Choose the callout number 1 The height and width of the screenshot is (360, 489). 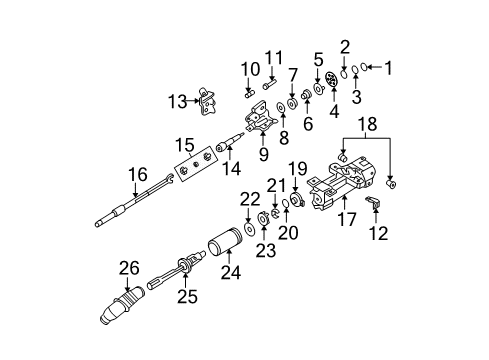click(x=391, y=68)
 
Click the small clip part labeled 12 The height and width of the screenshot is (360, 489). click(x=377, y=205)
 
